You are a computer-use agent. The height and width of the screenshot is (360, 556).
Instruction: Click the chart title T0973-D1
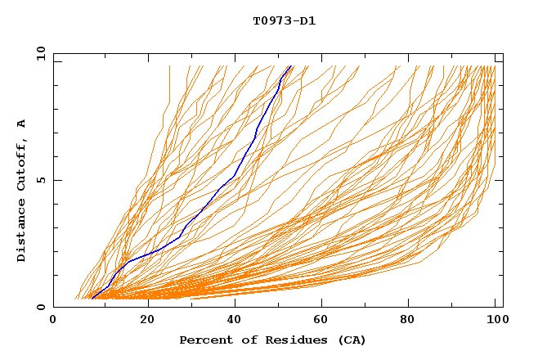point(284,20)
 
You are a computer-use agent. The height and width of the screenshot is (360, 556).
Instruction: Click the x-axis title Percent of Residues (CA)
point(272,340)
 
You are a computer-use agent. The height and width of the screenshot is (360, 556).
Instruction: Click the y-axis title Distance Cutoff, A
point(21,191)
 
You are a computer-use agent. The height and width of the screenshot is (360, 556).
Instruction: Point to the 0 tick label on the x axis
point(53,321)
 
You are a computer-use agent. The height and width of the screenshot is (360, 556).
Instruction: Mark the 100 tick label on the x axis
point(496,321)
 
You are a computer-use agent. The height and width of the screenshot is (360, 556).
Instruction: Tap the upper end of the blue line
point(290,66)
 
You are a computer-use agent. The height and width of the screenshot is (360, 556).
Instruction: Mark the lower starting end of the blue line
point(92,299)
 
